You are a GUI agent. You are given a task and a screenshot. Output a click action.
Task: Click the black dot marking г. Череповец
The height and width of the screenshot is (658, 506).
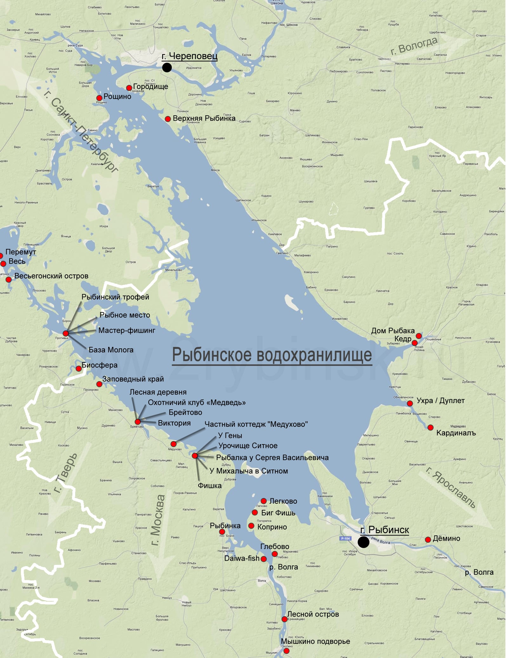[x=167, y=67]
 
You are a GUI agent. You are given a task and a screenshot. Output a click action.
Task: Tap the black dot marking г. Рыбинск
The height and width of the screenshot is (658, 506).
[x=364, y=542]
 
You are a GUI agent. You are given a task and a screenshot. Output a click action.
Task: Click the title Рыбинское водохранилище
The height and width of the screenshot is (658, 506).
[x=272, y=355]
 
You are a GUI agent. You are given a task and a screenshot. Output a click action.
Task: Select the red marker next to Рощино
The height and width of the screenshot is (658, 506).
[x=99, y=98]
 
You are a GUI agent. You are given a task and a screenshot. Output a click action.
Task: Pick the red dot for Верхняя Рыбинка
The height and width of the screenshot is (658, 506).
[x=168, y=119]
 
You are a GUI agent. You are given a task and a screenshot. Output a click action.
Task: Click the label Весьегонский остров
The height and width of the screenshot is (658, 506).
[x=51, y=276]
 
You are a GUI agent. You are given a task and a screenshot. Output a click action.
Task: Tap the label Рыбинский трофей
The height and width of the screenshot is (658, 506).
[x=115, y=297]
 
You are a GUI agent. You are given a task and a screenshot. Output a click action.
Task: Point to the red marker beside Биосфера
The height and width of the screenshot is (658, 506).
[x=78, y=368]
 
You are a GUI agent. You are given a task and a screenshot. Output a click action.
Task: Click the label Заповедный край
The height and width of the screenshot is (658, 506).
[x=133, y=379]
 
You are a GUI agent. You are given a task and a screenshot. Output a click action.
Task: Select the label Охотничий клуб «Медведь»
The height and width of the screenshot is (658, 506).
[x=197, y=402]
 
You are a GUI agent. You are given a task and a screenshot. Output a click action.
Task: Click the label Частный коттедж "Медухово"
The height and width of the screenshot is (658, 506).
[x=256, y=424]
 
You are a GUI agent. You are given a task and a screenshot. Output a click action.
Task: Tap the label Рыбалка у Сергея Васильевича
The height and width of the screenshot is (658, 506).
[x=272, y=457]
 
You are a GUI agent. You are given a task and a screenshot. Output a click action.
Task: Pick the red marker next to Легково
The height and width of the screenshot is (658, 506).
[x=264, y=501]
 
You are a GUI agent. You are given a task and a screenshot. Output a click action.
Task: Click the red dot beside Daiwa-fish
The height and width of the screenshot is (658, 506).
[x=263, y=559]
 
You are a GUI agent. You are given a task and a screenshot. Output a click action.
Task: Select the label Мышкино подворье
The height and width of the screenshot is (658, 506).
[x=315, y=641]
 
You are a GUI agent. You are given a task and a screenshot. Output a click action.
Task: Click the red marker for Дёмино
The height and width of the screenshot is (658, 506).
[x=428, y=540]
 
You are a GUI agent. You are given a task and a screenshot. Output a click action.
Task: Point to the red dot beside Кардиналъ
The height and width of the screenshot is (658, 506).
[x=430, y=427]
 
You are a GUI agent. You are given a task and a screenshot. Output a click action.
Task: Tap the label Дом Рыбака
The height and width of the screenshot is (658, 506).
[x=393, y=331]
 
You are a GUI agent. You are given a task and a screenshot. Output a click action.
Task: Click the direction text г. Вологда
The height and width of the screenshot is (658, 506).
[x=414, y=46]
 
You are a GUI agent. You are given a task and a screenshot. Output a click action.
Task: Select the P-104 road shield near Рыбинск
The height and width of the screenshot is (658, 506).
[x=345, y=538]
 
